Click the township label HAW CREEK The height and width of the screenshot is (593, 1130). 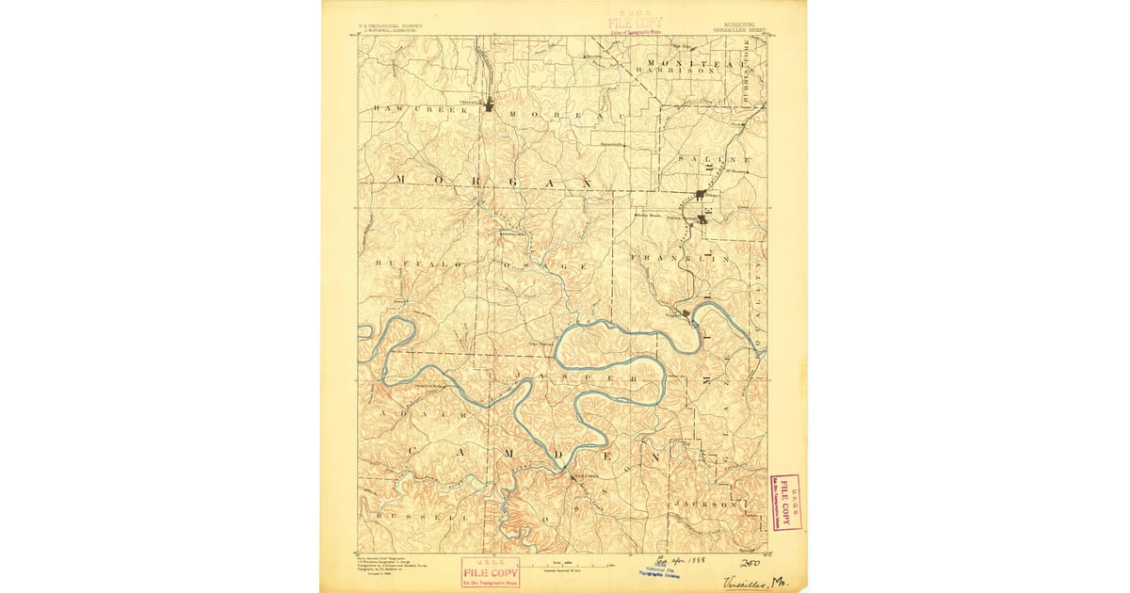(x=407, y=109)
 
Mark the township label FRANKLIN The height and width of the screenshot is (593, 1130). (x=681, y=257)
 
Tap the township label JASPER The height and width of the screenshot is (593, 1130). (x=568, y=377)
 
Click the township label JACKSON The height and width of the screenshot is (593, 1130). (x=705, y=505)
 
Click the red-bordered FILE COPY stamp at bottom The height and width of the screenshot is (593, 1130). (x=490, y=572)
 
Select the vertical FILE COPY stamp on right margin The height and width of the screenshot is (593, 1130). (x=784, y=502)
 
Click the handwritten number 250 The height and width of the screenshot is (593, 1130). (x=751, y=562)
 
